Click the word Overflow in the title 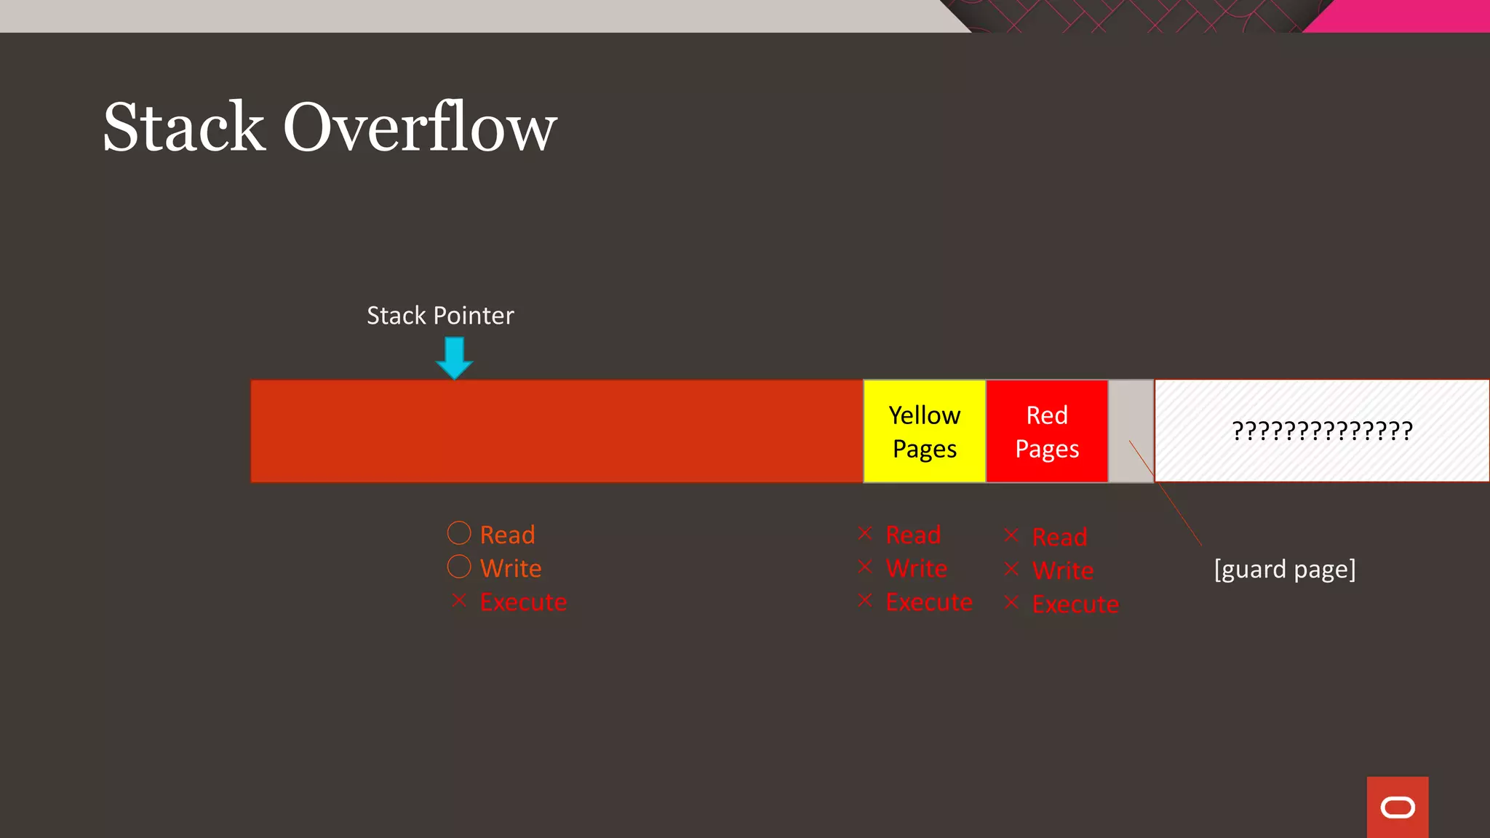(x=420, y=127)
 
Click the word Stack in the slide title (x=184, y=127)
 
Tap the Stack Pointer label (x=440, y=316)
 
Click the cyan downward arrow (x=455, y=357)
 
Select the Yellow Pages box (x=924, y=431)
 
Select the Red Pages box (x=1046, y=431)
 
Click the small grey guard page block (x=1131, y=431)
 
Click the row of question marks (x=1322, y=431)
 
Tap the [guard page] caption (x=1285, y=569)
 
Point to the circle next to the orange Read (x=459, y=533)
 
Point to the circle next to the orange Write (x=459, y=567)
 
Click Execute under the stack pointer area (x=523, y=602)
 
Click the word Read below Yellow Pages (x=913, y=535)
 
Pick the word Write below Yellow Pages (x=916, y=568)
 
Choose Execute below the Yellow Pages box (x=928, y=602)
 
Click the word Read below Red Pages (x=1059, y=537)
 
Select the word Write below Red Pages (x=1062, y=570)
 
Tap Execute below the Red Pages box (x=1075, y=604)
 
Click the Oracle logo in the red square (x=1398, y=807)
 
